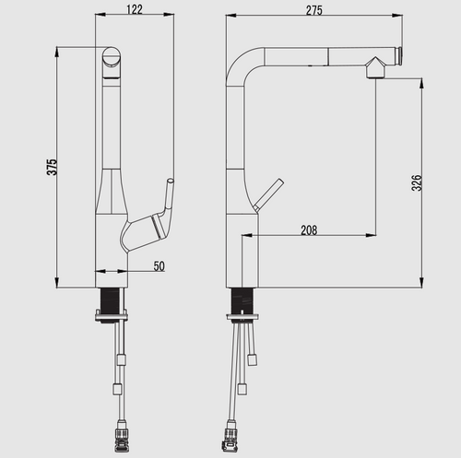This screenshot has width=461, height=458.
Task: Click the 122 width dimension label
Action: [135, 9]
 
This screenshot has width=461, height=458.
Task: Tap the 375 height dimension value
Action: [52, 167]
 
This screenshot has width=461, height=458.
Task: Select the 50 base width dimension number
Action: [160, 266]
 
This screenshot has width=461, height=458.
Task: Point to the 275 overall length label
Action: [314, 10]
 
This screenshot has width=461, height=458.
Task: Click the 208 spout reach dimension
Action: [309, 229]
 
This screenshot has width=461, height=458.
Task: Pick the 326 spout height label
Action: [417, 182]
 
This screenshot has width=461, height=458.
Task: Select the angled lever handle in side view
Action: [268, 194]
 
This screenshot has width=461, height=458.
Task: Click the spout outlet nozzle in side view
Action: [375, 67]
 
